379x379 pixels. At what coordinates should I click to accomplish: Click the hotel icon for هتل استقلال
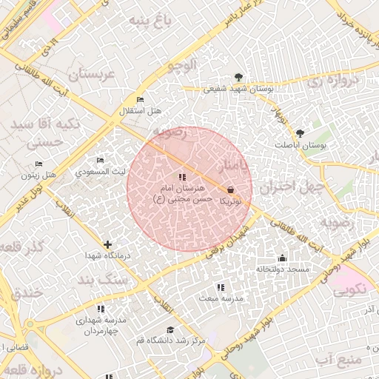(x=140, y=100)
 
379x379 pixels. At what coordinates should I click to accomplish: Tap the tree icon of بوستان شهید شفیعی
(x=238, y=77)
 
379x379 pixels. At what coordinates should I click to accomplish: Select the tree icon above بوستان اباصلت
(x=299, y=133)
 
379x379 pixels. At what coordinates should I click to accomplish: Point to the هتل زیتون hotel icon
(x=38, y=164)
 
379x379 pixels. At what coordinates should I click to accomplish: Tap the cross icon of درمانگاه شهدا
(x=108, y=244)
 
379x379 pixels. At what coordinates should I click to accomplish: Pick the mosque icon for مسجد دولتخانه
(x=282, y=258)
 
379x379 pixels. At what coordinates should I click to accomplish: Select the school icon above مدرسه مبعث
(x=220, y=287)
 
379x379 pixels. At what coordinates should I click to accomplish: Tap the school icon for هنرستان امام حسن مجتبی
(x=182, y=177)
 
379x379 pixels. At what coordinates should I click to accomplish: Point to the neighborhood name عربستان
(x=94, y=75)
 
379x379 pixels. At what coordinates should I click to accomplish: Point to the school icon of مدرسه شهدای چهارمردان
(x=101, y=309)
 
